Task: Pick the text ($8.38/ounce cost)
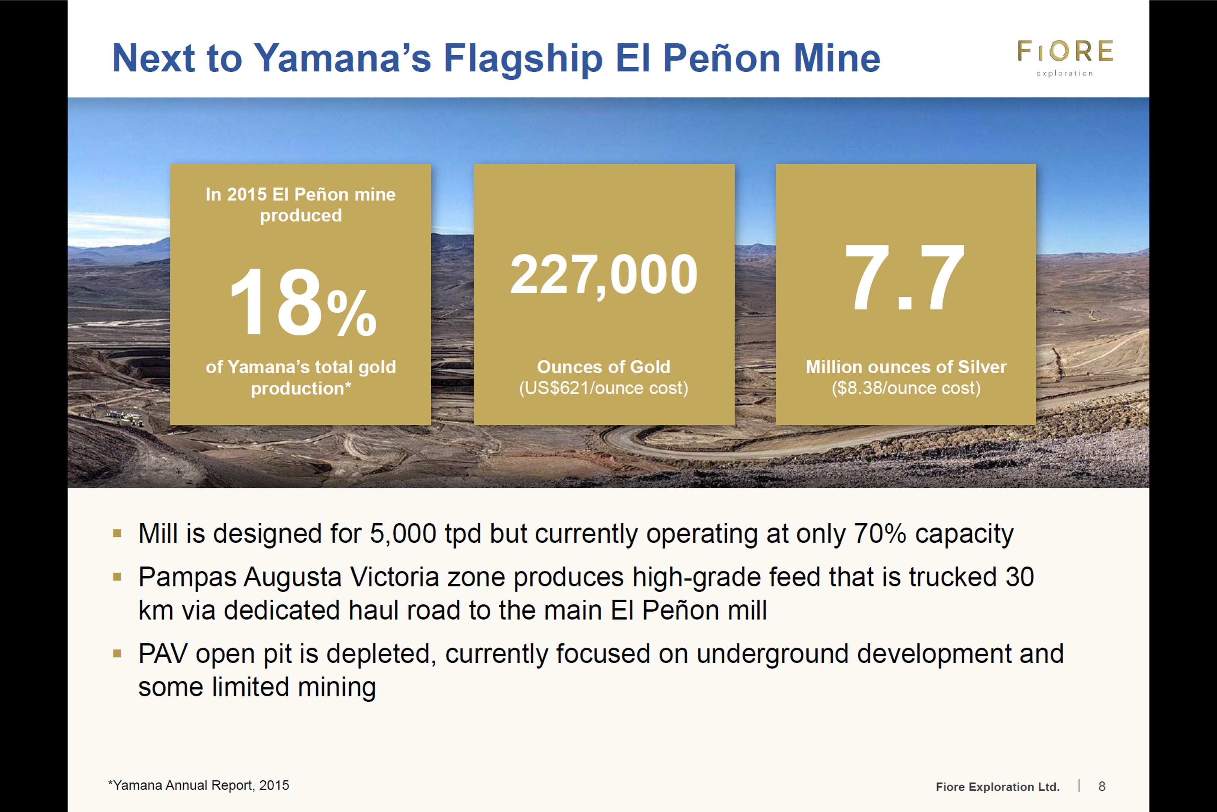[906, 388]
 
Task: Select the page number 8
[1102, 786]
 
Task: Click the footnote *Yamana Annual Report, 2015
[199, 786]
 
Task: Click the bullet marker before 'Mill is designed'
[118, 533]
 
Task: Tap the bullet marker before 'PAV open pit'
[118, 653]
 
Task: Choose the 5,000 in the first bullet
[403, 534]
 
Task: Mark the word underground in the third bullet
[773, 654]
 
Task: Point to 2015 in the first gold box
[247, 194]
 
